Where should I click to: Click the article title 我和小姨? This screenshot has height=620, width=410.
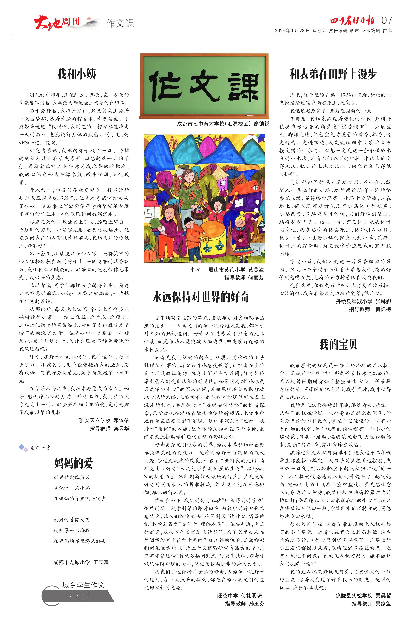[76, 74]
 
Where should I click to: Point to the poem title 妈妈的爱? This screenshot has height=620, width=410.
[74, 463]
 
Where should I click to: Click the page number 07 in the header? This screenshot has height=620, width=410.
[387, 20]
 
